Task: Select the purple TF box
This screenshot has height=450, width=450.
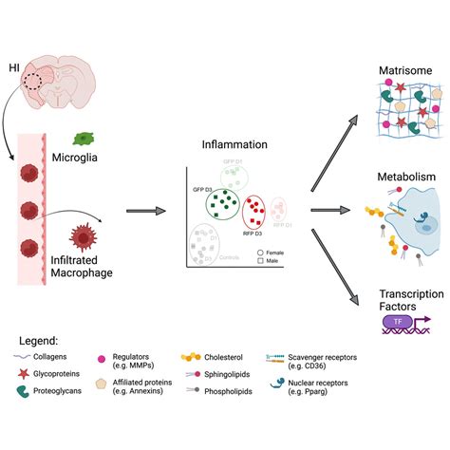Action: coord(397,324)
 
